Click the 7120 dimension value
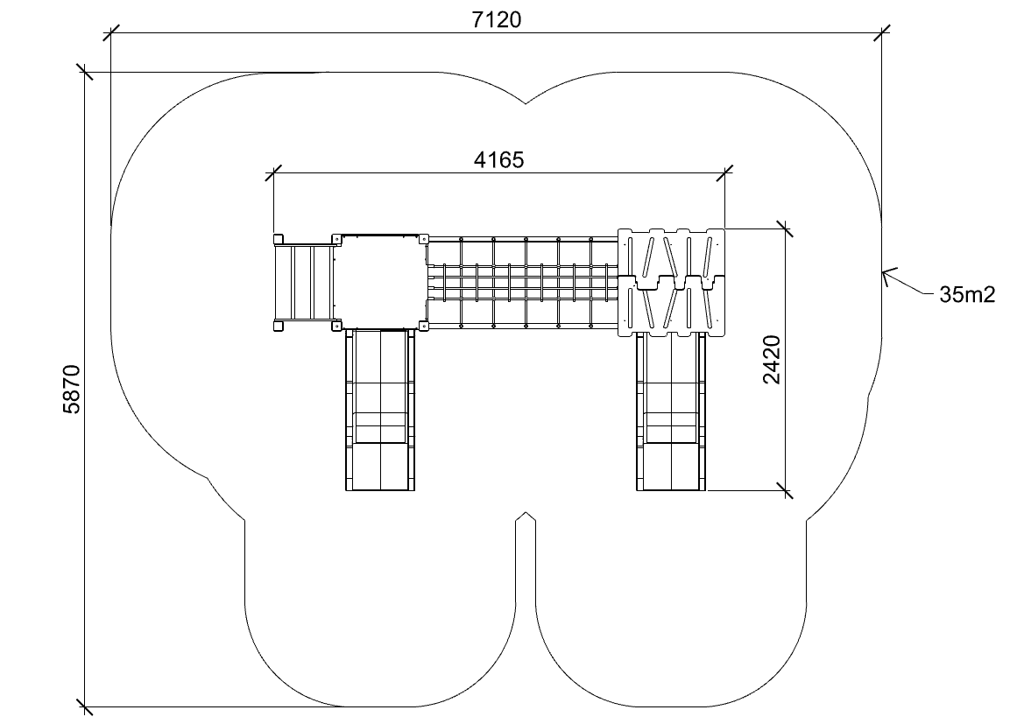[x=497, y=20]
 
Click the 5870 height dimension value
[x=71, y=389]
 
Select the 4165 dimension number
[x=499, y=160]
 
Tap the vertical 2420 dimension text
[x=771, y=360]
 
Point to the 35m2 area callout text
[x=967, y=294]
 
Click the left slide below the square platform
[x=379, y=410]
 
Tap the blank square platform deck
[x=379, y=281]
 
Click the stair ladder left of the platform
[x=304, y=282]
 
